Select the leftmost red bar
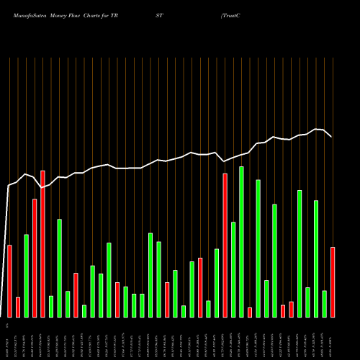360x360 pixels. (x=9, y=281)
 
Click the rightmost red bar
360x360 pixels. (x=333, y=282)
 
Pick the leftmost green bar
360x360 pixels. (x=26, y=276)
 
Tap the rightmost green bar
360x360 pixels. (x=325, y=304)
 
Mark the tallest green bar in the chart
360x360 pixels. (x=241, y=242)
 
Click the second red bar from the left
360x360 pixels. (x=18, y=307)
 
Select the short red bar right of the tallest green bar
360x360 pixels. (x=250, y=312)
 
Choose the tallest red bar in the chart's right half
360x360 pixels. (x=225, y=245)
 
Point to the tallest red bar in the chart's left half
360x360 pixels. (x=42, y=243)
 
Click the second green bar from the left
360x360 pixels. (x=51, y=306)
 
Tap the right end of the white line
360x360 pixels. (x=331, y=136)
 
